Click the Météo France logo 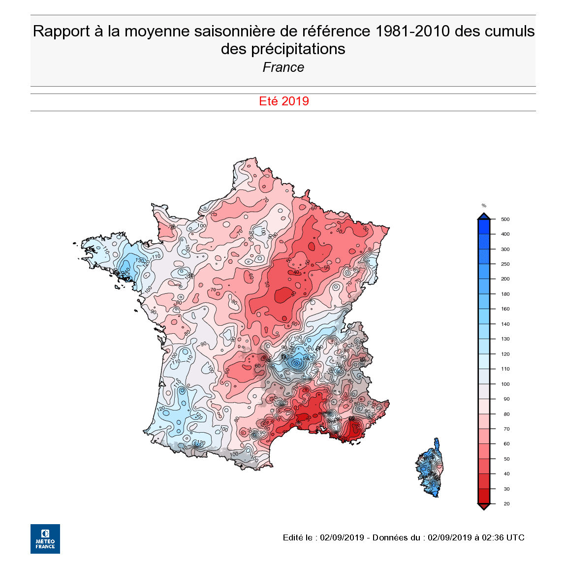pos(45,538)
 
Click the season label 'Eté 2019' pos(283,101)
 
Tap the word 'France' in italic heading pos(283,67)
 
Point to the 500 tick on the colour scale pos(505,220)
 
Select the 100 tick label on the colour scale pos(505,384)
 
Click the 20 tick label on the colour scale pos(506,503)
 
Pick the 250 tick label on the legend pos(505,264)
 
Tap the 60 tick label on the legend pos(506,444)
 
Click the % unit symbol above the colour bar pos(484,206)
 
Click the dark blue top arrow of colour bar pos(484,216)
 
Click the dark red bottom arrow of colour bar pos(484,506)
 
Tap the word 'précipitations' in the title pos(298,49)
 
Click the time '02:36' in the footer pos(493,537)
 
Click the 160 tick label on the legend pos(505,309)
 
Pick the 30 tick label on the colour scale pos(506,489)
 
